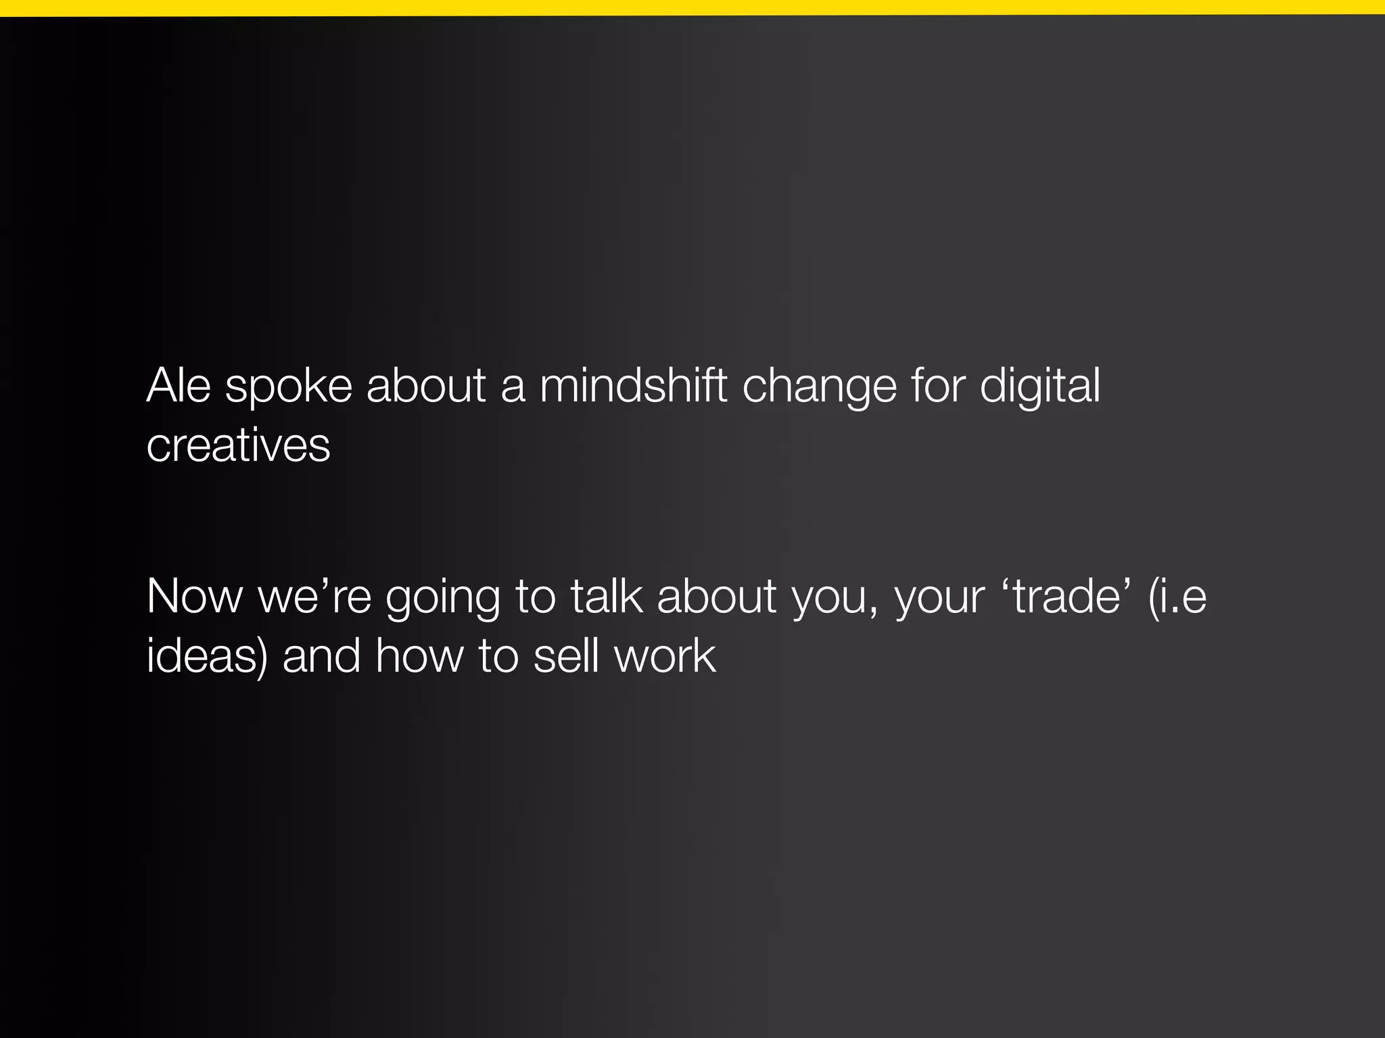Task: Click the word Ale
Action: coord(179,386)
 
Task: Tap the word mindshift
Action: coord(633,386)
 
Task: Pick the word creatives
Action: coord(238,446)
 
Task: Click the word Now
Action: coord(194,597)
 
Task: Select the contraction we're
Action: coord(314,597)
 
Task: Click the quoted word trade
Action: coord(1066,596)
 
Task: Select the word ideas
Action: coord(203,656)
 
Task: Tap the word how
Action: coord(419,656)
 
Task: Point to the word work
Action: coord(665,656)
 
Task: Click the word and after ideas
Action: coord(321,656)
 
